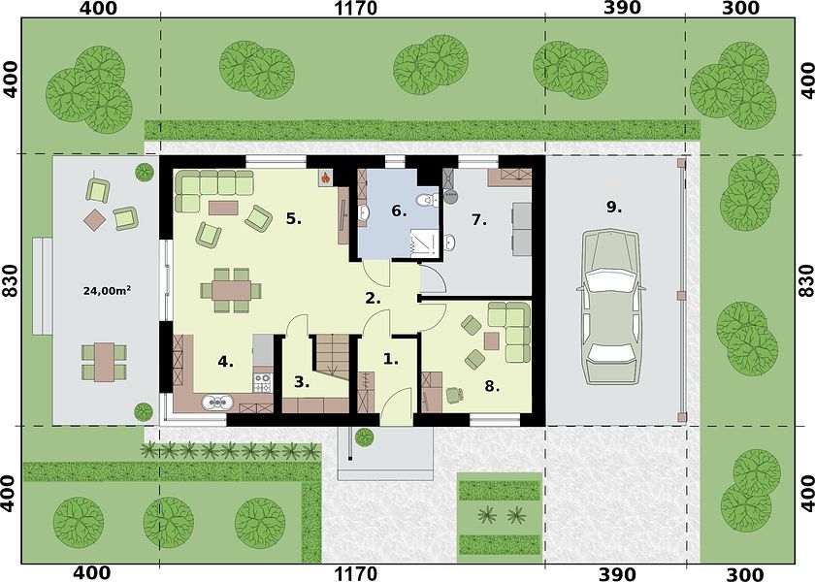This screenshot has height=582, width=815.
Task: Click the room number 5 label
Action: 294,219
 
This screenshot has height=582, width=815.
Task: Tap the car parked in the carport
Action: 610,307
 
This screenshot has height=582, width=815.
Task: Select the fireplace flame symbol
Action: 325,178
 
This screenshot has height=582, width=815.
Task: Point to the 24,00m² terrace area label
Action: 107,291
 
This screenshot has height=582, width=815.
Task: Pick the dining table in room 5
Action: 231,290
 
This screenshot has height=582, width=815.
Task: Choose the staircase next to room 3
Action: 332,357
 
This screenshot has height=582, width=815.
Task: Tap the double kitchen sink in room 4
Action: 218,402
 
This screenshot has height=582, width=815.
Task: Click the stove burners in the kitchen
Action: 263,383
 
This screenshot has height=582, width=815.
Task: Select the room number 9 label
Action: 614,207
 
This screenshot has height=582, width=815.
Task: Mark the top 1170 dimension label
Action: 355,9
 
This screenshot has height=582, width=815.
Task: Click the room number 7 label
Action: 478,220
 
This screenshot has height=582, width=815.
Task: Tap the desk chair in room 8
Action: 455,395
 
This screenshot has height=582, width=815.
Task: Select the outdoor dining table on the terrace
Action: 105,362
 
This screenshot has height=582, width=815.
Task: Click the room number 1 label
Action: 390,359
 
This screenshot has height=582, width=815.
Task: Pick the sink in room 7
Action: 450,242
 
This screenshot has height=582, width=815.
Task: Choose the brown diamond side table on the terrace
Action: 95,220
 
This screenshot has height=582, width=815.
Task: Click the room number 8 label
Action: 492,386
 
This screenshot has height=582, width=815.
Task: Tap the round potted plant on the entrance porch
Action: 365,437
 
